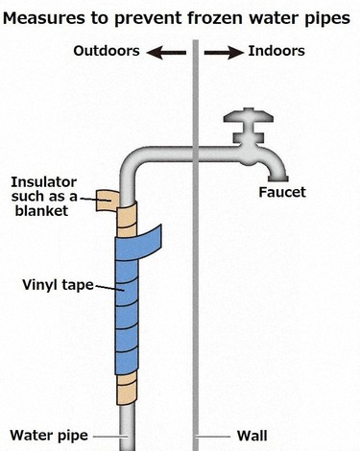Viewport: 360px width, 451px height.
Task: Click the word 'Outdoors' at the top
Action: tap(107, 50)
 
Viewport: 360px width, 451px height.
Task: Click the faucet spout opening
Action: tap(278, 176)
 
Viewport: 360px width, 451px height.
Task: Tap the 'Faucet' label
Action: tap(282, 193)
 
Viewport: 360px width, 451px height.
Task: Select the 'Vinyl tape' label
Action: tap(55, 286)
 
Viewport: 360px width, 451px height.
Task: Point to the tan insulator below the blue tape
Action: tap(128, 389)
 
